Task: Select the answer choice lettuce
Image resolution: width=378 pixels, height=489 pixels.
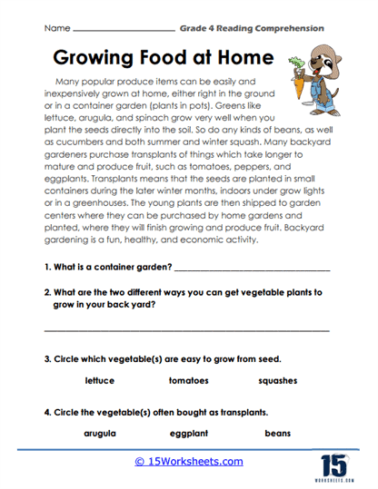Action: (99, 380)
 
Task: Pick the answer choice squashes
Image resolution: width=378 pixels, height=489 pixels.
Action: (277, 380)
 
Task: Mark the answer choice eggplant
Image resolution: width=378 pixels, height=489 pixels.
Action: (189, 434)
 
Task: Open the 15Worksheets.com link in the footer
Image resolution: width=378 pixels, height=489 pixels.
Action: (189, 461)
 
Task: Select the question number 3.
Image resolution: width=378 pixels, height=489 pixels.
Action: (47, 357)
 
